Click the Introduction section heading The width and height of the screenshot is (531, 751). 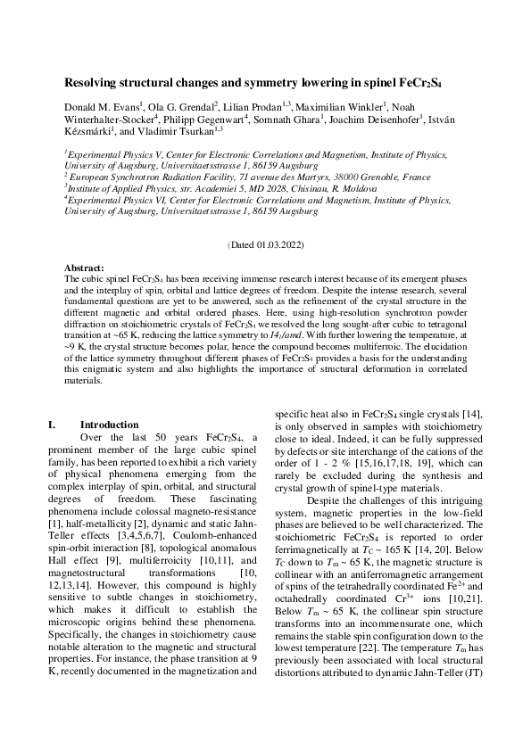(x=109, y=425)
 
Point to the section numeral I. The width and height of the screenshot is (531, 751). (x=51, y=425)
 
